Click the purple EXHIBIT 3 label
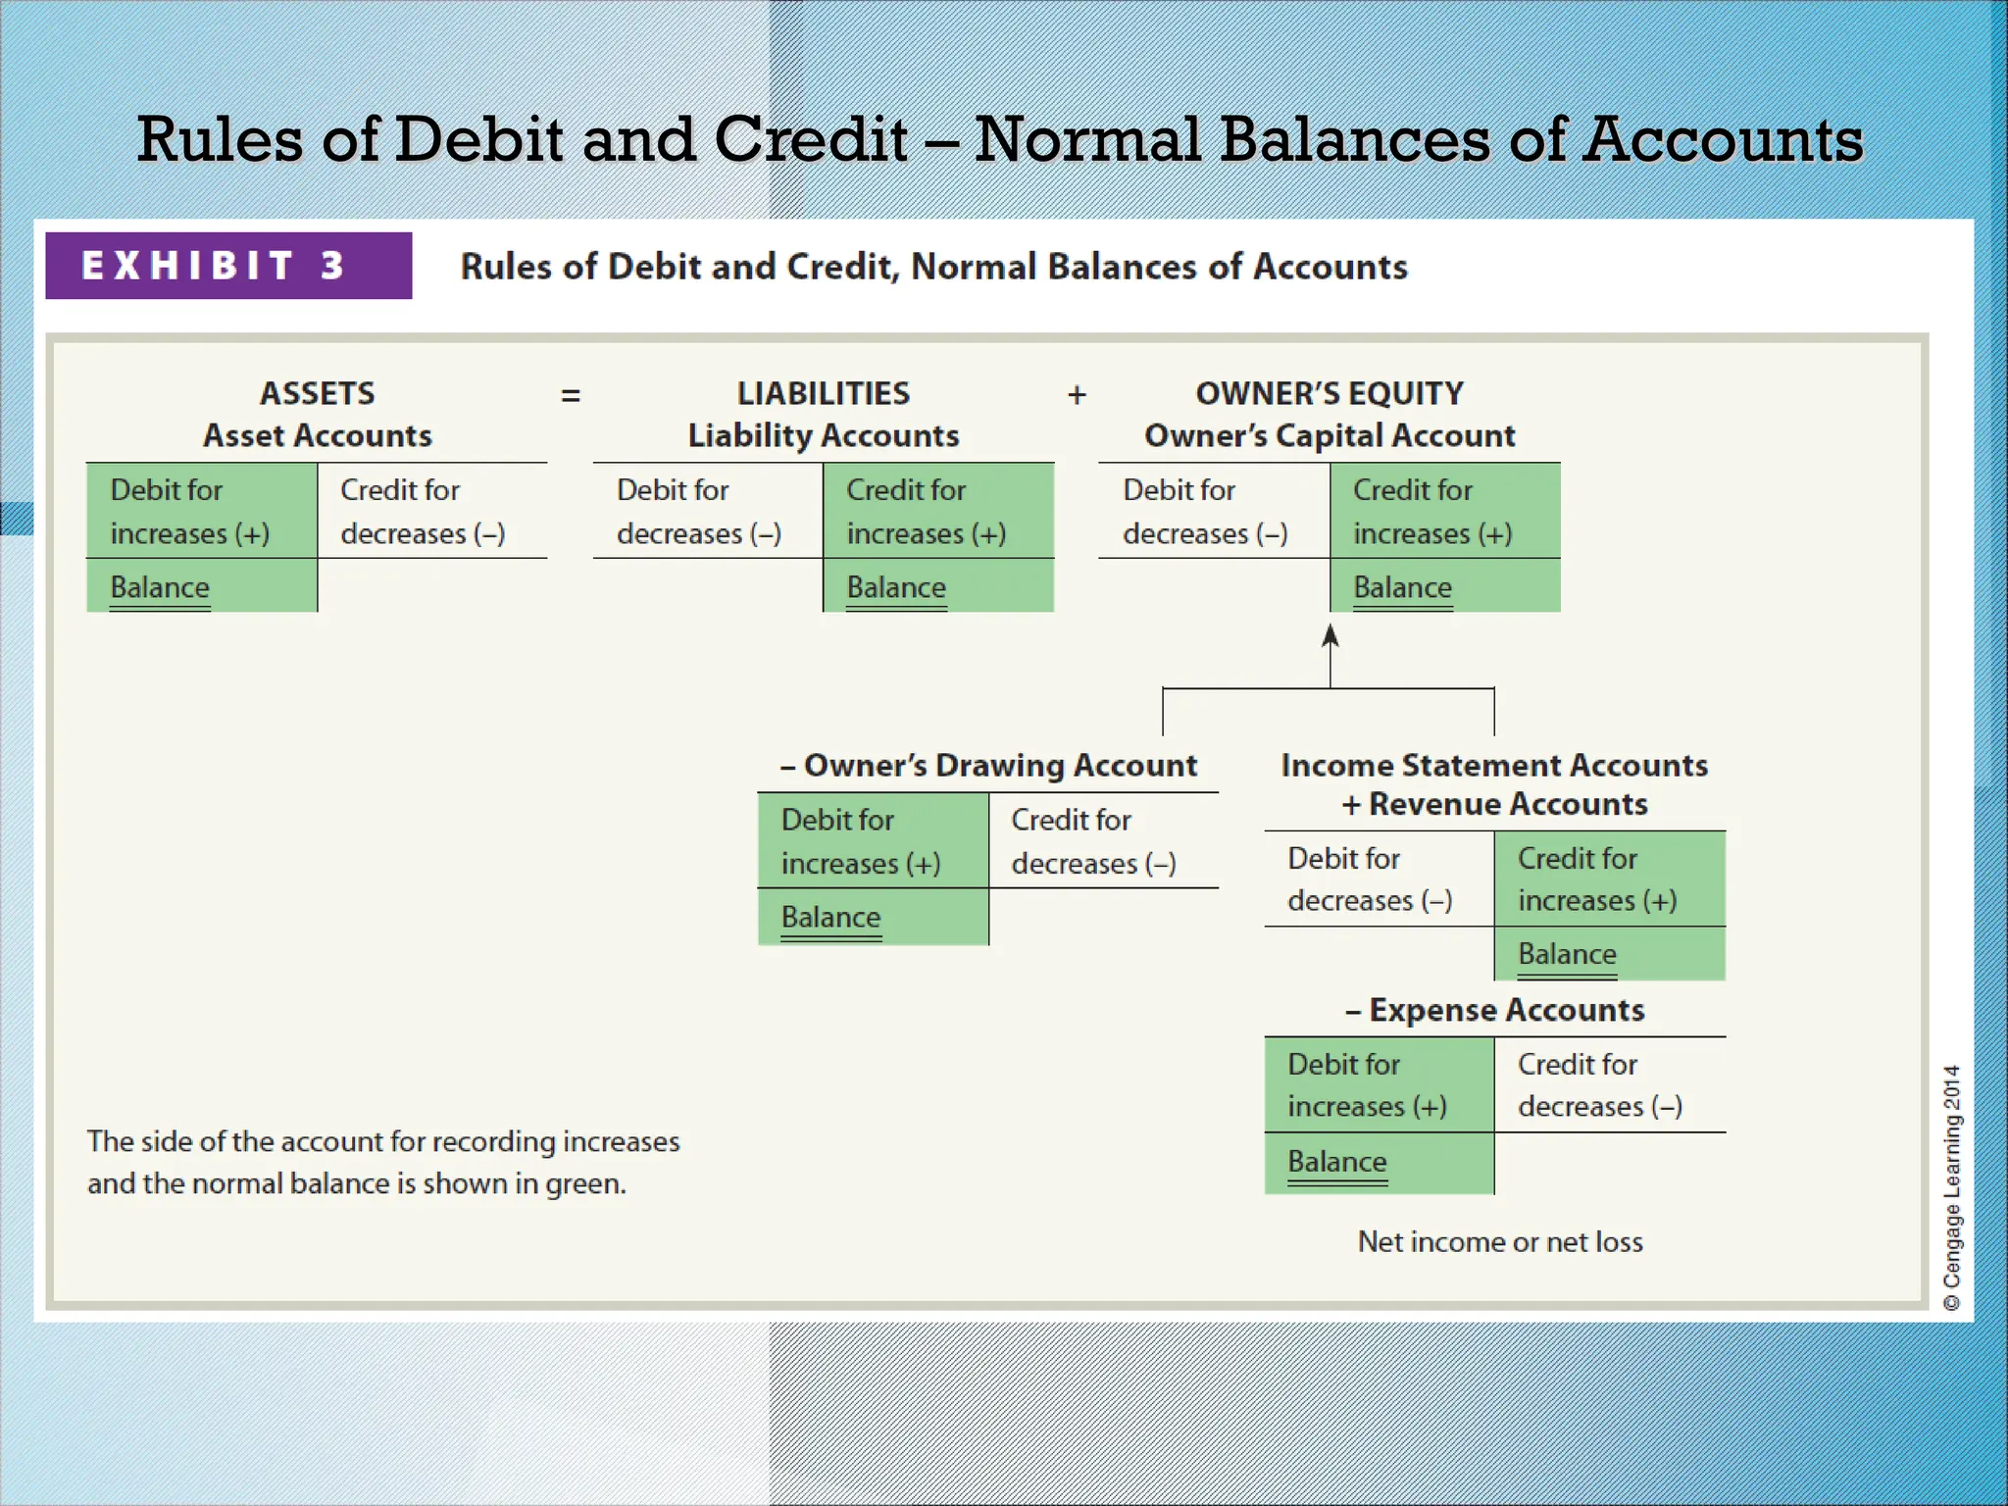pos(227,266)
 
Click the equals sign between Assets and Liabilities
pos(571,396)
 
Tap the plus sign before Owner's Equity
pos(1077,395)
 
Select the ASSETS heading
pos(317,394)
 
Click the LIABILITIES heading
pos(824,394)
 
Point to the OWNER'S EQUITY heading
pos(1330,394)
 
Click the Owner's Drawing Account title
pos(988,765)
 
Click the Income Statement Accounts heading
pos(1494,765)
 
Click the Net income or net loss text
pos(1500,1242)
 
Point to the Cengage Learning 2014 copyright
pos(1952,1187)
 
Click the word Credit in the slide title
pos(810,139)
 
